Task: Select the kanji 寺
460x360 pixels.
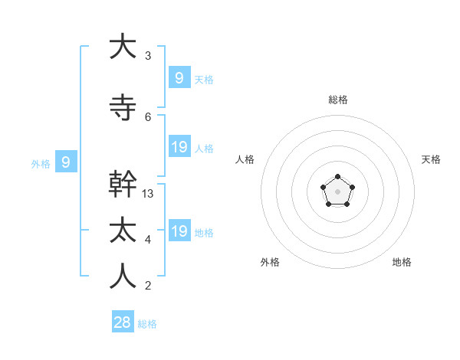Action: click(x=123, y=108)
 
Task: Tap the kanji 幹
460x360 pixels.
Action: click(x=123, y=185)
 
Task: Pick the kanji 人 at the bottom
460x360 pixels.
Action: click(x=123, y=277)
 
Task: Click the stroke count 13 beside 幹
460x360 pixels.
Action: click(x=148, y=194)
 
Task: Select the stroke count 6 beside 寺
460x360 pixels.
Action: click(x=148, y=117)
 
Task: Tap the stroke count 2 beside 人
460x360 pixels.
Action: click(x=148, y=286)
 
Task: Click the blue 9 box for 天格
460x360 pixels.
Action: click(x=179, y=77)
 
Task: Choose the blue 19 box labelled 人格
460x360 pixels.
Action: click(x=179, y=146)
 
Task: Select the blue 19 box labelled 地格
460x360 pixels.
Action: click(x=179, y=231)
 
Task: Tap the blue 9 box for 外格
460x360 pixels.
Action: click(x=66, y=162)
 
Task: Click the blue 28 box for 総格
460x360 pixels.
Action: click(x=123, y=322)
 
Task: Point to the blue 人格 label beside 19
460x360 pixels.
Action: click(x=204, y=148)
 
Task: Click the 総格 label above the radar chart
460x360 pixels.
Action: click(x=337, y=100)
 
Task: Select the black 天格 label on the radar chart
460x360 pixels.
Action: click(x=431, y=159)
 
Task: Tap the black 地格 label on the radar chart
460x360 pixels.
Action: click(x=402, y=262)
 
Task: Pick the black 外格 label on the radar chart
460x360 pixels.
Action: click(x=270, y=262)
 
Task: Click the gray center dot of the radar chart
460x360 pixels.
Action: click(x=337, y=191)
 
